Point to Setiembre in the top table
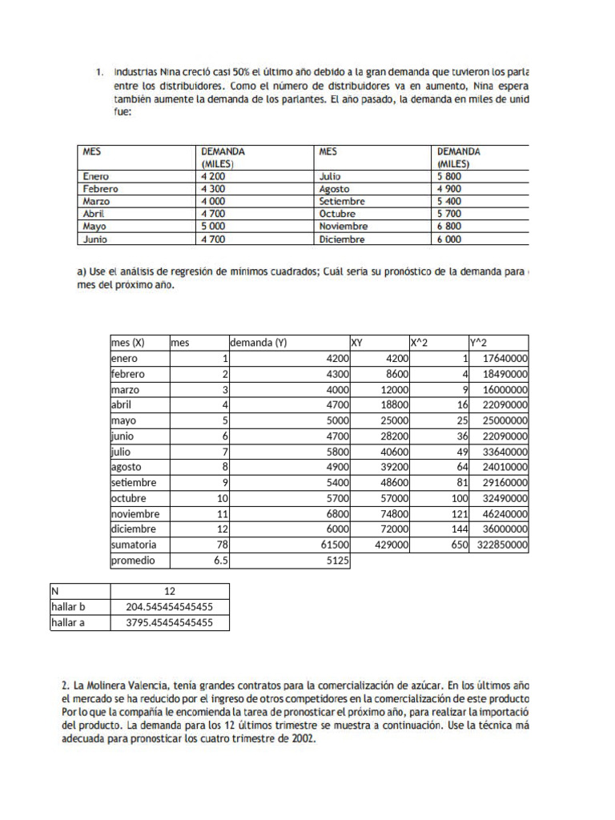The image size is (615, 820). pyautogui.click(x=342, y=201)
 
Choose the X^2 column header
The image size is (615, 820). pyautogui.click(x=420, y=343)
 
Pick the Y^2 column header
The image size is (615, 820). pyautogui.click(x=478, y=343)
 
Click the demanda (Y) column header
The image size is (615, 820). pyautogui.click(x=259, y=343)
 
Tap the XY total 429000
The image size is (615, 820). pyautogui.click(x=392, y=545)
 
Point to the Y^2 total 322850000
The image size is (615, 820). pyautogui.click(x=501, y=545)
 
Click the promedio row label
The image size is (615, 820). pyautogui.click(x=133, y=561)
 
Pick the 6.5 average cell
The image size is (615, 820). pyautogui.click(x=221, y=561)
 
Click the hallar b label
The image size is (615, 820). pyautogui.click(x=68, y=607)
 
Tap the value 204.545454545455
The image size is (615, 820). pyautogui.click(x=170, y=607)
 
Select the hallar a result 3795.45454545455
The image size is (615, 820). pyautogui.click(x=170, y=622)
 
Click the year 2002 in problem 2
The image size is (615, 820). pyautogui.click(x=302, y=739)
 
